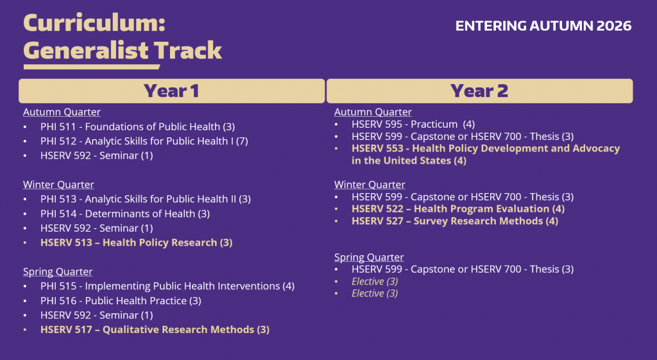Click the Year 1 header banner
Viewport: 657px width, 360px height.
tap(172, 91)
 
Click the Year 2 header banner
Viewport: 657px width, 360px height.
tap(480, 91)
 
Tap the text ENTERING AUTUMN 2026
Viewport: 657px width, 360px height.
tap(543, 26)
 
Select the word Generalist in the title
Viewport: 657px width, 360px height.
tap(86, 51)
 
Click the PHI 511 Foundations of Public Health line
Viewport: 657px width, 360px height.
tap(137, 126)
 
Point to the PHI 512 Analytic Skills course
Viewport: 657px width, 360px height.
tap(144, 141)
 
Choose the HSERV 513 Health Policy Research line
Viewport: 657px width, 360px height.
tap(136, 243)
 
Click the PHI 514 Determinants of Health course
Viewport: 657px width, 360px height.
tap(125, 214)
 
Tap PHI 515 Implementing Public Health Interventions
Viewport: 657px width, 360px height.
tap(167, 286)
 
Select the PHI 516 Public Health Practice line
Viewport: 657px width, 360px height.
tap(121, 301)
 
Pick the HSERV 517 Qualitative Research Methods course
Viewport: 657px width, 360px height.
tap(155, 330)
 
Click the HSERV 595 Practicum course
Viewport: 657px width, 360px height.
tap(413, 124)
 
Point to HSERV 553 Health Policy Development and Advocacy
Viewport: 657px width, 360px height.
tap(486, 155)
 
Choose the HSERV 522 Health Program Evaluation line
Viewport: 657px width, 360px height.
tap(458, 209)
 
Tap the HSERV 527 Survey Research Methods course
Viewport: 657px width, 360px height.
tap(455, 221)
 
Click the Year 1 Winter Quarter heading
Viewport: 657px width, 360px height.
tap(58, 185)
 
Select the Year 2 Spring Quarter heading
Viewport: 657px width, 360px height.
tap(369, 257)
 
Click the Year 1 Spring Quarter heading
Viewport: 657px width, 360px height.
tap(58, 272)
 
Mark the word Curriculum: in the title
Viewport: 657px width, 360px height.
tap(94, 22)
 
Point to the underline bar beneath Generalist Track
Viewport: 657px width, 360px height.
tap(92, 67)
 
